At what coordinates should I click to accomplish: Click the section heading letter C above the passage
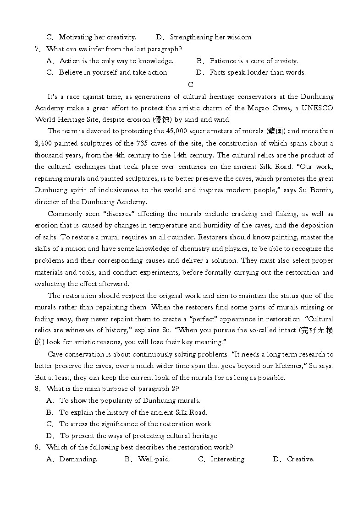(x=191, y=85)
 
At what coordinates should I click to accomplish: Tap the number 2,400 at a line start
(x=44, y=143)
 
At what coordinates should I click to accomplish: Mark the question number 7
(x=37, y=49)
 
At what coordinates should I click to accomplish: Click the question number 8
(x=37, y=389)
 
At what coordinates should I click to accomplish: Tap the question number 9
(x=37, y=448)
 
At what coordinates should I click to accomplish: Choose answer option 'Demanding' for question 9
(x=78, y=460)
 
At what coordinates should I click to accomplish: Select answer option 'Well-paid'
(x=154, y=460)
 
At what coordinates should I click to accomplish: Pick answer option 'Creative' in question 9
(x=300, y=460)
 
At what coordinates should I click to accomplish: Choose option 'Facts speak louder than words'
(x=257, y=73)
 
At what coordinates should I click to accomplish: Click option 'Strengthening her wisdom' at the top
(x=211, y=38)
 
